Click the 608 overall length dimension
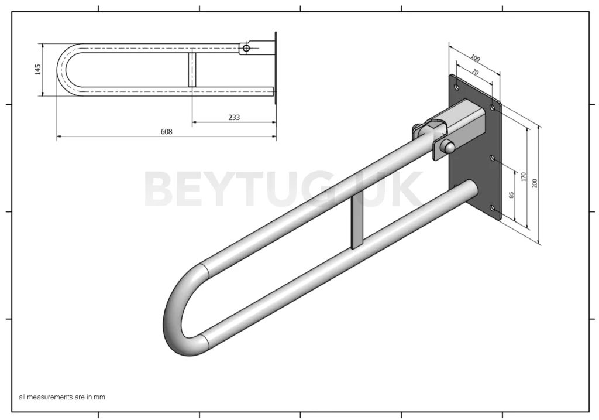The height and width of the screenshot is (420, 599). [x=167, y=132]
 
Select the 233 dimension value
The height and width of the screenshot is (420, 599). [x=234, y=117]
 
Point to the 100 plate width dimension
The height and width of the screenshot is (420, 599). [x=475, y=59]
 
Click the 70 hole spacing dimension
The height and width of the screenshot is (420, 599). [x=475, y=72]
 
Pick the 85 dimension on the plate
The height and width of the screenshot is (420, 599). [x=511, y=194]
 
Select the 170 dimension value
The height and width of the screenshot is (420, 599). [x=524, y=176]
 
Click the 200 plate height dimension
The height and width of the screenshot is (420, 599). [x=535, y=183]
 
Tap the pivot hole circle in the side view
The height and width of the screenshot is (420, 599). [x=246, y=48]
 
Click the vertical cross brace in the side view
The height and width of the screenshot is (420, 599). [x=192, y=70]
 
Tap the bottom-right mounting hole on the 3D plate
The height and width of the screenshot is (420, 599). [x=492, y=208]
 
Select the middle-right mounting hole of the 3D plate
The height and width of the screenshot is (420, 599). [x=492, y=158]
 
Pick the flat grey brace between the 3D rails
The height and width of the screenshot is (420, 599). [x=356, y=222]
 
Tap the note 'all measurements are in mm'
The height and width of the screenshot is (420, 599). [x=62, y=397]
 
